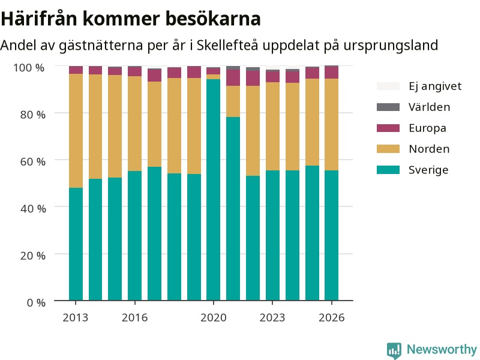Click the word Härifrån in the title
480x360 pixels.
[x=39, y=19]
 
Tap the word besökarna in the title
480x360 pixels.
[x=213, y=19]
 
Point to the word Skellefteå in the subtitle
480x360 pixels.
[x=227, y=45]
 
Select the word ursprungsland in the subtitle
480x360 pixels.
[x=391, y=46]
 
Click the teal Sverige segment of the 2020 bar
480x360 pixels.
[x=214, y=190]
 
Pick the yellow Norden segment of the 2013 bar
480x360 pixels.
[x=76, y=131]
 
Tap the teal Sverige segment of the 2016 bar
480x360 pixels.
[x=134, y=236]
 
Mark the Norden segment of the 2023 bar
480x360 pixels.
[x=272, y=126]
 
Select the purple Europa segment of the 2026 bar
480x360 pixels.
[x=332, y=73]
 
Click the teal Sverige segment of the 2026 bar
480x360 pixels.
[x=332, y=235]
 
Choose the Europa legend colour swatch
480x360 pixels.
[x=388, y=128]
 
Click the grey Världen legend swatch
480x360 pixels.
[x=388, y=107]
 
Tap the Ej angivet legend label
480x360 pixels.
[x=435, y=86]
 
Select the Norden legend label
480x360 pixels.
[x=429, y=149]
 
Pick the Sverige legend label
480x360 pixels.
[x=428, y=170]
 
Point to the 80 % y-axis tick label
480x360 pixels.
[x=33, y=115]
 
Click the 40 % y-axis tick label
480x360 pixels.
[x=33, y=209]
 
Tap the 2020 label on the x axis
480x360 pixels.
[x=214, y=318]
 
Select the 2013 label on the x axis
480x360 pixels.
[x=76, y=318]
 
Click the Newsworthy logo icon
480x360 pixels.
[x=394, y=350]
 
